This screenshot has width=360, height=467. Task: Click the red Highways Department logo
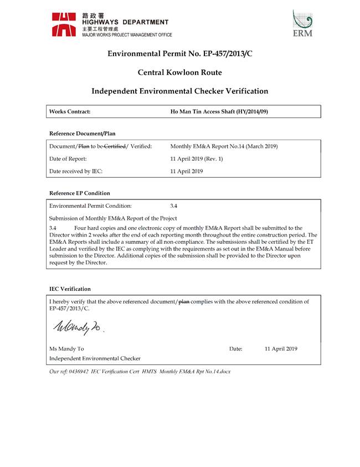64,24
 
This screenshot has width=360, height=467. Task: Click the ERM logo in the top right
302,23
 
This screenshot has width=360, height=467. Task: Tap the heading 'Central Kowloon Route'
179,72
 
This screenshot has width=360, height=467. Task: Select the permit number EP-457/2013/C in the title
215,54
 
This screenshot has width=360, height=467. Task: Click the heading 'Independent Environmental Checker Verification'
179,91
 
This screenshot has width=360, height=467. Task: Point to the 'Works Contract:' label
70,111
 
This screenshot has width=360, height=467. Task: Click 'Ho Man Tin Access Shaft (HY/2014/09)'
219,111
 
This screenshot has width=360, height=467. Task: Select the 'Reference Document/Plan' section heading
83,134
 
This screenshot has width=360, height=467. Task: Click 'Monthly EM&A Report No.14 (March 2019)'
224,146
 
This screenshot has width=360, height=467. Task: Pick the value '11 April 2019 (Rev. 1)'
197,159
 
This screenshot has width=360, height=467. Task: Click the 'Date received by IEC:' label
76,171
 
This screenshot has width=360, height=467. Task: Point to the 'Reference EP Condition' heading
80,193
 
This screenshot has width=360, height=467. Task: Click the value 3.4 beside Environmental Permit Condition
174,206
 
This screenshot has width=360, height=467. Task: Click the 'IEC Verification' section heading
70,289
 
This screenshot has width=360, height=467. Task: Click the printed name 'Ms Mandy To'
66,348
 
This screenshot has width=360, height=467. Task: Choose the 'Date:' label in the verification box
235,348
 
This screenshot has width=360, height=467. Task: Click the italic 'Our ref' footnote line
140,371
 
